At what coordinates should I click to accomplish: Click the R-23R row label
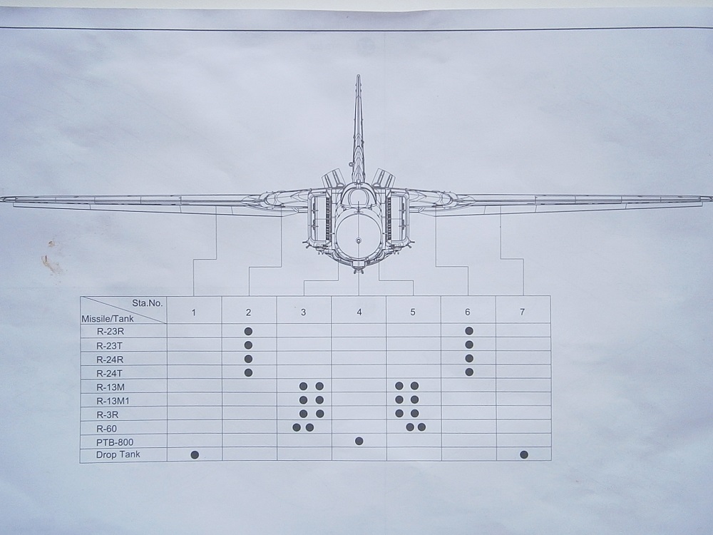point(110,331)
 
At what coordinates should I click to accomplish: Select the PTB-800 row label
point(115,442)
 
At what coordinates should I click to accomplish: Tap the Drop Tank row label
point(118,454)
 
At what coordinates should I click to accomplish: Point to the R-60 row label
point(106,429)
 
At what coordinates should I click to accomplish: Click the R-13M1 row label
point(113,401)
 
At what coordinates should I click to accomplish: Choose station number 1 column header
point(194,312)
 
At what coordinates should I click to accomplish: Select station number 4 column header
point(359,312)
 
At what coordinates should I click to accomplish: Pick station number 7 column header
point(522,312)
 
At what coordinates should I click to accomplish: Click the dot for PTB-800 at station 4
point(359,441)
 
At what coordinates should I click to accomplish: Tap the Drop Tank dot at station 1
point(195,455)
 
